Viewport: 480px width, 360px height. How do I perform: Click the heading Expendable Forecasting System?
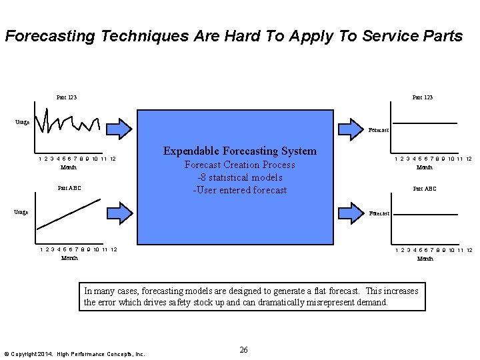(x=240, y=151)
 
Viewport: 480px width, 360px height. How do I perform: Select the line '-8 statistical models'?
(x=240, y=177)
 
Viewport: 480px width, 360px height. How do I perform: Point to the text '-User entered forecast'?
(x=240, y=190)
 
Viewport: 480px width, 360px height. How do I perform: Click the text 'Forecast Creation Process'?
(x=240, y=165)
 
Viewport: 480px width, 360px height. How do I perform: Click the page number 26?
(x=243, y=350)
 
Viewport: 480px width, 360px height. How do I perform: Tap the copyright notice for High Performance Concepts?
(x=74, y=354)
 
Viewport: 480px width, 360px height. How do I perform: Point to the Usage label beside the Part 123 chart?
(x=22, y=122)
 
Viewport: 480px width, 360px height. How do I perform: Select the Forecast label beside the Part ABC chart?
(x=379, y=213)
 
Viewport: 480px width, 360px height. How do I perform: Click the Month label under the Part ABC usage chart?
(x=69, y=258)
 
